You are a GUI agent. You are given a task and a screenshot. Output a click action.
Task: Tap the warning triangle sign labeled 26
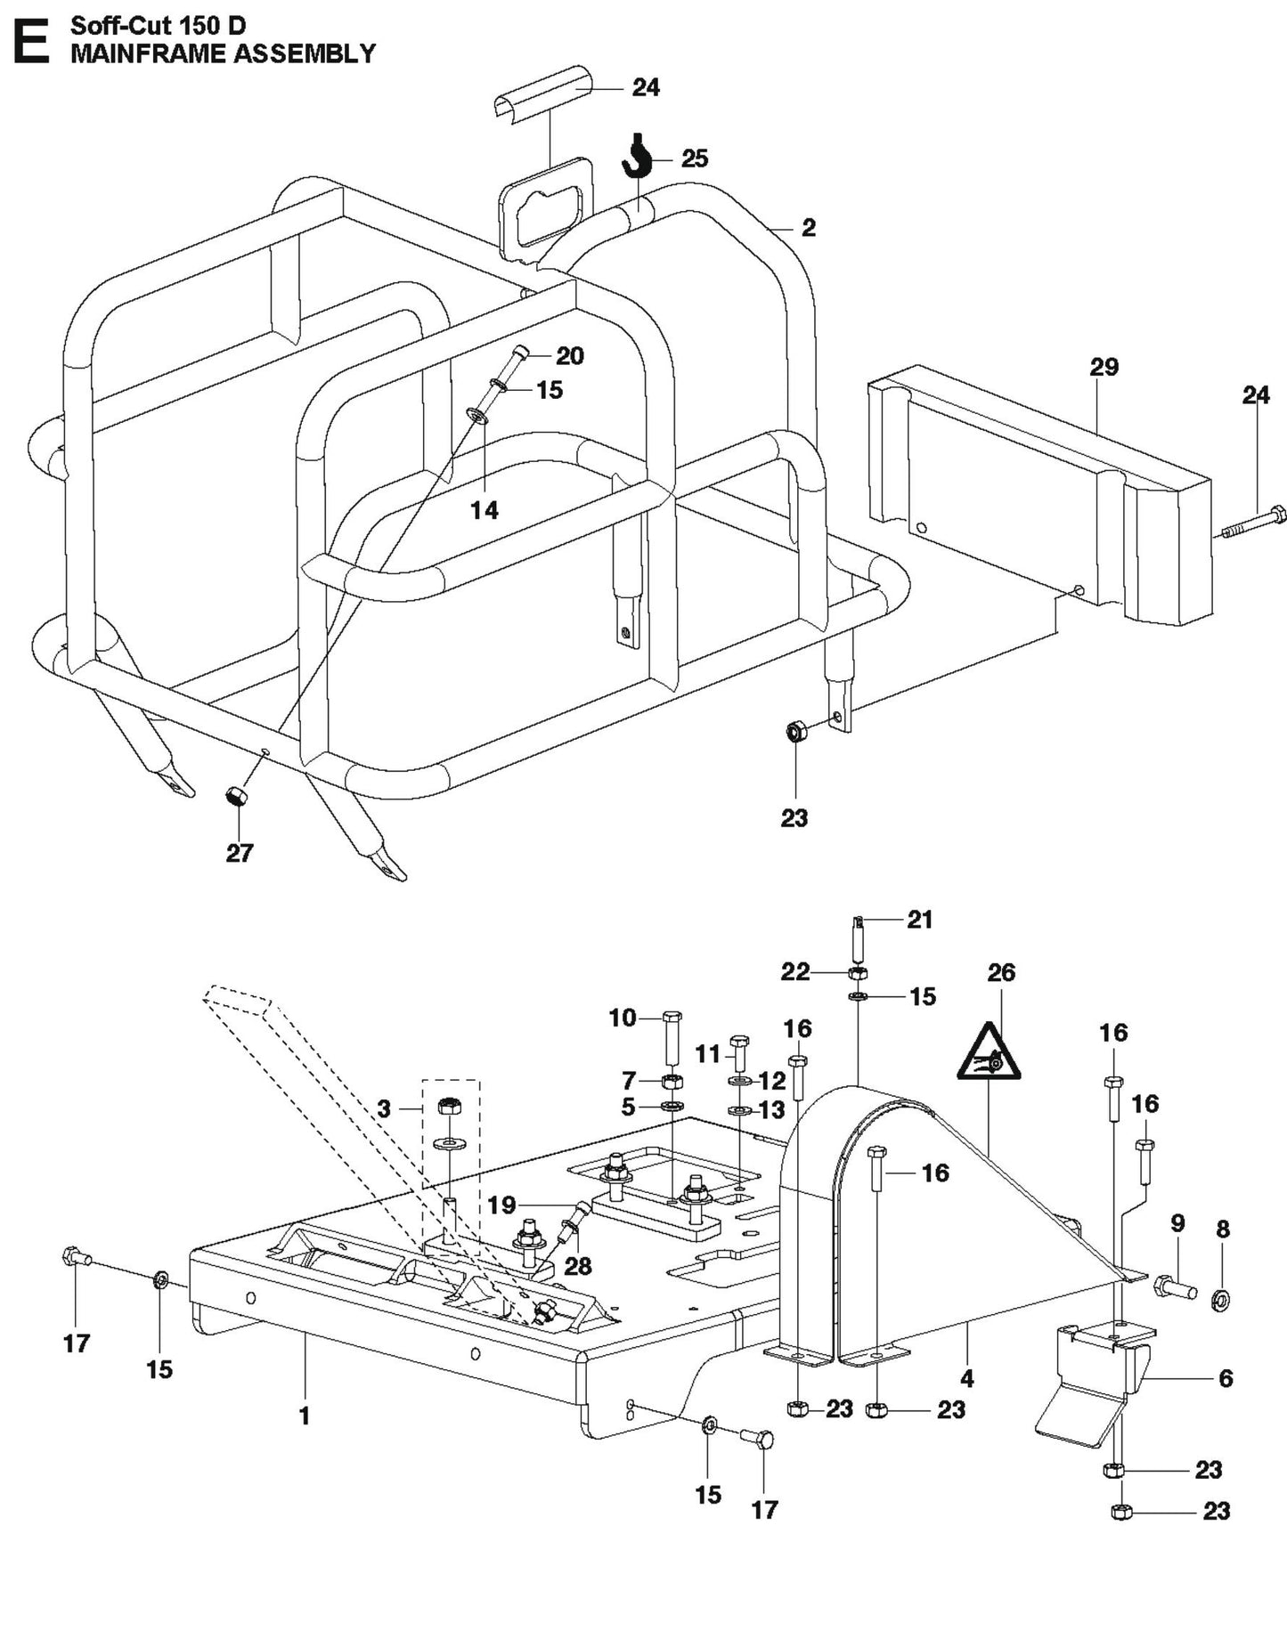point(989,1051)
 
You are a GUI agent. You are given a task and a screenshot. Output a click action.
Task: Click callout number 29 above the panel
point(1104,367)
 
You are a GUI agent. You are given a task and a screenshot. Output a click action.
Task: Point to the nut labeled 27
point(235,795)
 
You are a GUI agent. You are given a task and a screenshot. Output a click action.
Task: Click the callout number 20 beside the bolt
point(569,356)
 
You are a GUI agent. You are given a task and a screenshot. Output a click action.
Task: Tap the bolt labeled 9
point(1174,1287)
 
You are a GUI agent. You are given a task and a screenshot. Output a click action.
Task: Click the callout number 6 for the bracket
point(1225,1379)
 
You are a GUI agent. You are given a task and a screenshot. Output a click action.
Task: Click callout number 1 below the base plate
point(304,1416)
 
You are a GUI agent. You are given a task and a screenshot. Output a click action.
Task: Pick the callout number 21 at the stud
point(919,920)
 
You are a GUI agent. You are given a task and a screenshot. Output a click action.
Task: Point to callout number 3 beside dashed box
point(384,1108)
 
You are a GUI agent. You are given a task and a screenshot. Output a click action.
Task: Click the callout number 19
point(501,1205)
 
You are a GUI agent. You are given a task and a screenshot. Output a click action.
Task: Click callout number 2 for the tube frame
point(808,228)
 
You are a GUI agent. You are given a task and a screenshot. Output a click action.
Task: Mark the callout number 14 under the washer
point(485,510)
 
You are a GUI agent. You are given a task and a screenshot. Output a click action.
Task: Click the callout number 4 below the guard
point(967,1379)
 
